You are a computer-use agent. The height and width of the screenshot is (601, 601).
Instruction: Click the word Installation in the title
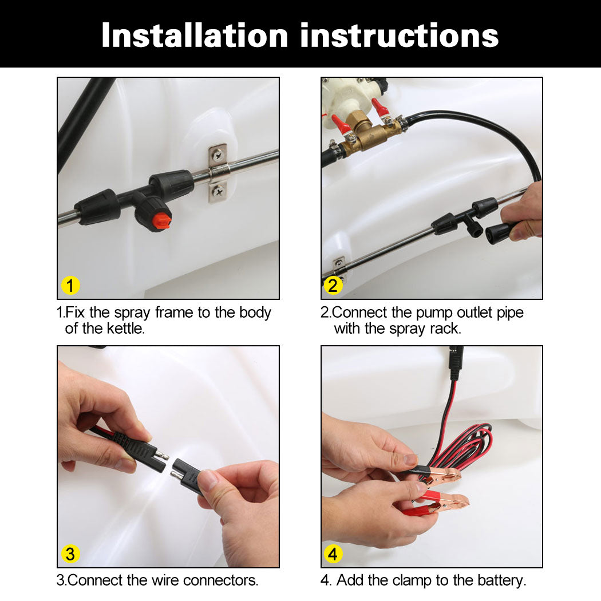point(195,35)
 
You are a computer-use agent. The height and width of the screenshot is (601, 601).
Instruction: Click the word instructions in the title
point(400,35)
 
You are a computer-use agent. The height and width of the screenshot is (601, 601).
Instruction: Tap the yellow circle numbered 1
point(70,286)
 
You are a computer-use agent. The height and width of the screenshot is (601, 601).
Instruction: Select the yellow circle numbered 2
point(333,286)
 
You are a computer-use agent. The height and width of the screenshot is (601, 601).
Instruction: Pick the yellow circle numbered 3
point(70,554)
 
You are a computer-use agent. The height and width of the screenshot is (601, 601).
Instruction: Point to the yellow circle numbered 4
point(333,554)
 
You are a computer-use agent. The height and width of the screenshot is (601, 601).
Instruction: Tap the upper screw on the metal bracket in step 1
point(218,155)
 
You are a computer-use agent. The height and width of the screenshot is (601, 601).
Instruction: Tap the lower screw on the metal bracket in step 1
point(219,191)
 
